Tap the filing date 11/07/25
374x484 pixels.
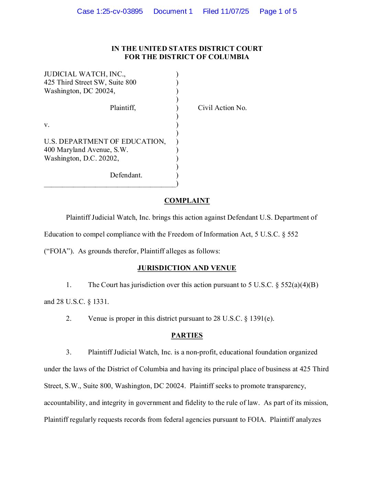[235, 11]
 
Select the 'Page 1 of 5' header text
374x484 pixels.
[278, 11]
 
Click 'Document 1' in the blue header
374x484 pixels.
[173, 11]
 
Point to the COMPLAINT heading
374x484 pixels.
[187, 201]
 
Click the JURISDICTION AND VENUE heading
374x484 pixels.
[187, 268]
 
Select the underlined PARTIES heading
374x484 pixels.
[187, 335]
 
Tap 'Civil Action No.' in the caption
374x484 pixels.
[222, 108]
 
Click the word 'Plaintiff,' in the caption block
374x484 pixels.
[123, 108]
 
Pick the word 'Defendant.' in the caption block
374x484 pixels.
[126, 175]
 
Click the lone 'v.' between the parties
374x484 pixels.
[47, 125]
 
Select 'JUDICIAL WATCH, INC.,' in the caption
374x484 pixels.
[85, 74]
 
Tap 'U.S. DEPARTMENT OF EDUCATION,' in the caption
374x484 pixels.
[105, 142]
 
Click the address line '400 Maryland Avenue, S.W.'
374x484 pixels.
[86, 150]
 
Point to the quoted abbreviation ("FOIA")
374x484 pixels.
[59, 251]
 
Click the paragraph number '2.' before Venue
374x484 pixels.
[69, 319]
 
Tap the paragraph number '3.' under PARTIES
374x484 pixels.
[69, 352]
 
